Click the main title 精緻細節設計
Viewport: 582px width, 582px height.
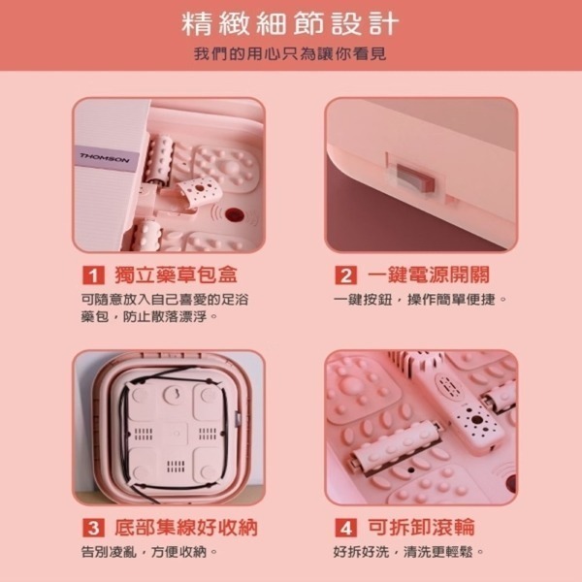click(291, 24)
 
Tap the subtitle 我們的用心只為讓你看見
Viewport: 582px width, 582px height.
click(290, 54)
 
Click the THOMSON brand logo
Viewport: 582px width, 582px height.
click(105, 158)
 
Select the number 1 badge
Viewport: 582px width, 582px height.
click(93, 275)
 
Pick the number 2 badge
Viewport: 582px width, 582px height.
click(345, 275)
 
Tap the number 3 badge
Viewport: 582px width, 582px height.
click(93, 528)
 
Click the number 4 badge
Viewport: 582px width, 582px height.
click(345, 528)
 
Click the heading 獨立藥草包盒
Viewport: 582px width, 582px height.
click(176, 275)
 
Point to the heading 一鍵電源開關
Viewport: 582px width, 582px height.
click(429, 275)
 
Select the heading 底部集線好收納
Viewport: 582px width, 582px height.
click(185, 528)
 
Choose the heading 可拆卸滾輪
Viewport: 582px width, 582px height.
click(421, 528)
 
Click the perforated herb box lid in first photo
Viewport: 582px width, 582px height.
click(199, 191)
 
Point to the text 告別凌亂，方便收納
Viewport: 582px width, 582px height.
click(148, 552)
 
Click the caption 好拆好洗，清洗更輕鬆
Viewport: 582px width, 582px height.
click(408, 552)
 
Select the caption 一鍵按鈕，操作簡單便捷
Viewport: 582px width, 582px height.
click(420, 299)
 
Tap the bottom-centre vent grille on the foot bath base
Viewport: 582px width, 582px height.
click(176, 467)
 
